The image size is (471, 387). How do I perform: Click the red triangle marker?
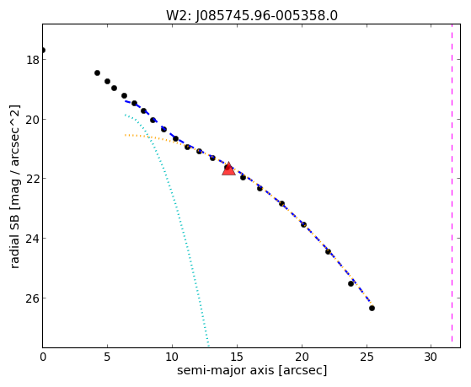pos(228,169)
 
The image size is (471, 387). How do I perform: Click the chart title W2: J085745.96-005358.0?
pos(252,15)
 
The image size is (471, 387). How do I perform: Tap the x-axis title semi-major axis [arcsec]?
pos(252,370)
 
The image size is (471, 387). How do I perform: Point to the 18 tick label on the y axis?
pos(33,60)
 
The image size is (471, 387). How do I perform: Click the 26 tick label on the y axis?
pos(33,298)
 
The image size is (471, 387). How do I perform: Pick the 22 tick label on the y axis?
pos(33,179)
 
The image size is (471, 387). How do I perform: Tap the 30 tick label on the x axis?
pos(431,357)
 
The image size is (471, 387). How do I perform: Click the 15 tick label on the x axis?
pos(237,357)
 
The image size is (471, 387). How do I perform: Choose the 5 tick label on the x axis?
pos(107,357)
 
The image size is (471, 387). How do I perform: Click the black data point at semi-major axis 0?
pos(43,51)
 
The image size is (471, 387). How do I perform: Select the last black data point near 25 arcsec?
pos(372,308)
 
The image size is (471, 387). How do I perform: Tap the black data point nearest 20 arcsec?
pos(303,224)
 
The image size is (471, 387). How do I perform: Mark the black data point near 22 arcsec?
pos(328,251)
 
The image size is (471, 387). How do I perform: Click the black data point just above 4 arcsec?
pos(97,73)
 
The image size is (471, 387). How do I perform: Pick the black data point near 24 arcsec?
pos(351,283)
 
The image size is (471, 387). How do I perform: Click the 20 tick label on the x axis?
pos(302,357)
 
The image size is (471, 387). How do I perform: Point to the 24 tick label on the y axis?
pos(33,239)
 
